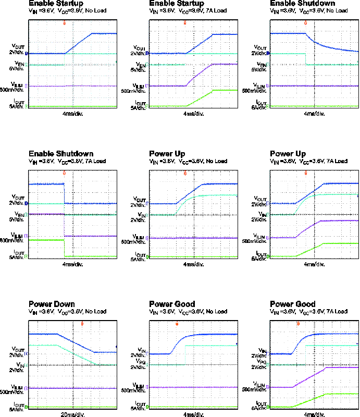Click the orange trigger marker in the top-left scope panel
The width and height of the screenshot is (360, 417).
pyautogui.click(x=65, y=23)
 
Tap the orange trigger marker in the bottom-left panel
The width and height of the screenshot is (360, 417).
pyautogui.click(x=82, y=324)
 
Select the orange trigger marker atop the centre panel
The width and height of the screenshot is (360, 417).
pyautogui.click(x=185, y=174)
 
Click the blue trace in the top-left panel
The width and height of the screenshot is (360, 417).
pyautogui.click(x=79, y=43)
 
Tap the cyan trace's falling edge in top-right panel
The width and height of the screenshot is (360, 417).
pyautogui.click(x=306, y=59)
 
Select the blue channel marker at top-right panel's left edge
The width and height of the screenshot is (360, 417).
pyautogui.click(x=268, y=53)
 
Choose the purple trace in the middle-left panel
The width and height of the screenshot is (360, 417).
pyautogui.click(x=89, y=236)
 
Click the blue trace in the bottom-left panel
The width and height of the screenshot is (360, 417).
pyautogui.click(x=76, y=343)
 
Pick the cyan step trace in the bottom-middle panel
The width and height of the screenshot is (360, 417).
pyautogui.click(x=208, y=346)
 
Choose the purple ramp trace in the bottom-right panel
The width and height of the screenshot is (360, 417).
pyautogui.click(x=310, y=377)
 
